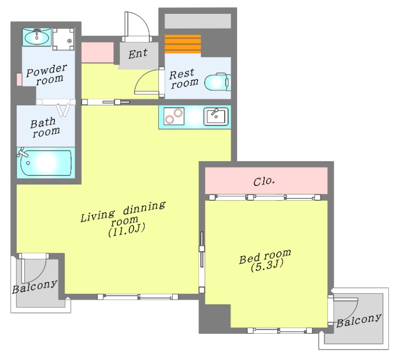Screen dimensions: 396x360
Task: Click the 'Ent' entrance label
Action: pyautogui.click(x=138, y=54)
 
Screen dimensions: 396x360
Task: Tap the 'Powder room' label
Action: pyautogui.click(x=47, y=75)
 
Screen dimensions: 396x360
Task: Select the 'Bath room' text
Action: pyautogui.click(x=45, y=128)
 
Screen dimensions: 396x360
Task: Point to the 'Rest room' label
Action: pyautogui.click(x=184, y=79)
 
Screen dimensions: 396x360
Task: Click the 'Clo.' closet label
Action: pyautogui.click(x=264, y=181)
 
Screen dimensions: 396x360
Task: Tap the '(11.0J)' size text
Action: pyautogui.click(x=127, y=230)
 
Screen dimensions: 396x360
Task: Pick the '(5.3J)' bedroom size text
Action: pyautogui.click(x=267, y=266)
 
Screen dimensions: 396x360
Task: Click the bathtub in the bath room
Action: pyautogui.click(x=46, y=163)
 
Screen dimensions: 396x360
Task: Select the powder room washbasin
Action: pyautogui.click(x=37, y=37)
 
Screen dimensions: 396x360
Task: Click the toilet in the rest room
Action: pyautogui.click(x=217, y=82)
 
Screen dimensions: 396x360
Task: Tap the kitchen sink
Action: pyautogui.click(x=216, y=116)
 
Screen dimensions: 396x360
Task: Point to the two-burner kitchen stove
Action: pyautogui.click(x=174, y=116)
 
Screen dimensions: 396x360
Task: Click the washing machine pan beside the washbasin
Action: pyautogui.click(x=63, y=39)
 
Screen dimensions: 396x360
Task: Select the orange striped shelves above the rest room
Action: pyautogui.click(x=183, y=44)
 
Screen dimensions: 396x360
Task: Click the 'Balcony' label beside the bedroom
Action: pyautogui.click(x=358, y=320)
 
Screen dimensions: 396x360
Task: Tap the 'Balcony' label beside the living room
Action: pyautogui.click(x=35, y=287)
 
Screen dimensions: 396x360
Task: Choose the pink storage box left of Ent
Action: pyautogui.click(x=97, y=52)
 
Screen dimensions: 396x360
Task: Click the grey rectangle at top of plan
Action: pyautogui.click(x=198, y=21)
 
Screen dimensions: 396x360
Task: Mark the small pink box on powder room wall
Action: pyautogui.click(x=19, y=80)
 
